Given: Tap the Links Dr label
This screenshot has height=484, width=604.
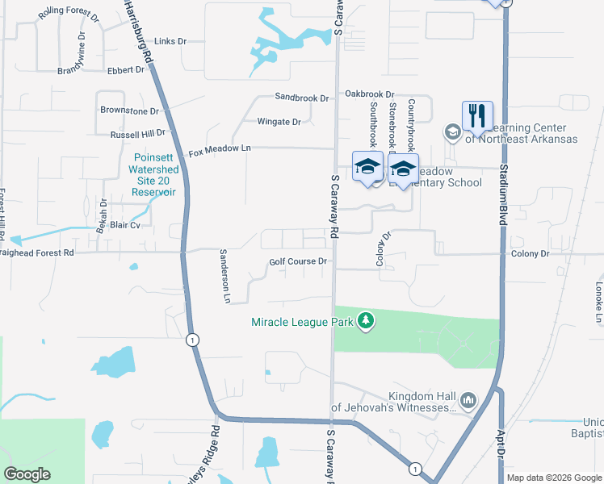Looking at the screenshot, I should point(170,41).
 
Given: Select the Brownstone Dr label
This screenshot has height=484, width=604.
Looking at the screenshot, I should point(129,111).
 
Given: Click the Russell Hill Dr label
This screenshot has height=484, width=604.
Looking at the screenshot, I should point(138,133).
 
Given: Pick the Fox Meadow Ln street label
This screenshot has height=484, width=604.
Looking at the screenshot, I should point(220,149).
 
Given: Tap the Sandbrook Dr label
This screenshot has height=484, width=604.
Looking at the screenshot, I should point(302,98).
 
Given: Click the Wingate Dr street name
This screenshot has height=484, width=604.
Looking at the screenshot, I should point(279,122).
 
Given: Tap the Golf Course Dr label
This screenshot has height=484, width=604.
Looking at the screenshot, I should point(298,261).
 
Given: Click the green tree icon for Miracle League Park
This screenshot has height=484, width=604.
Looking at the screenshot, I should point(367,322).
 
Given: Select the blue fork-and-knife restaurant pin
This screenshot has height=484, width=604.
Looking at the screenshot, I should point(477,116).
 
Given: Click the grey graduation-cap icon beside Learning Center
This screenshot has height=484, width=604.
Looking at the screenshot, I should point(453,131).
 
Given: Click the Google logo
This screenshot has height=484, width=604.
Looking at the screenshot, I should point(27,474).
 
